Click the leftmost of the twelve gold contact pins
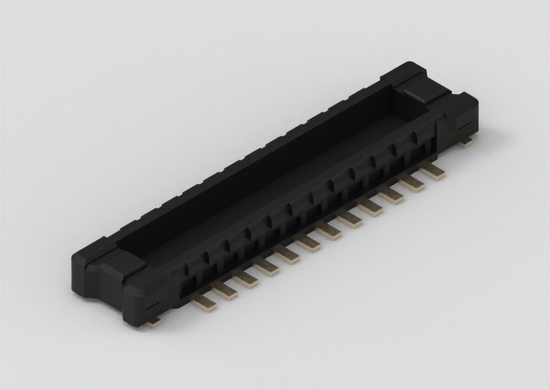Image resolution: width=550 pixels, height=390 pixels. (x=204, y=303)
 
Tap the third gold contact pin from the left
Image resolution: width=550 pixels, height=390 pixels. (x=245, y=278)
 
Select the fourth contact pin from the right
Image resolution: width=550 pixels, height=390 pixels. (x=371, y=207)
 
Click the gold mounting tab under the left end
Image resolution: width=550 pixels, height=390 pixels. (x=155, y=321)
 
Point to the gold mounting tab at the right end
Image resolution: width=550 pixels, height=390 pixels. (x=466, y=143)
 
